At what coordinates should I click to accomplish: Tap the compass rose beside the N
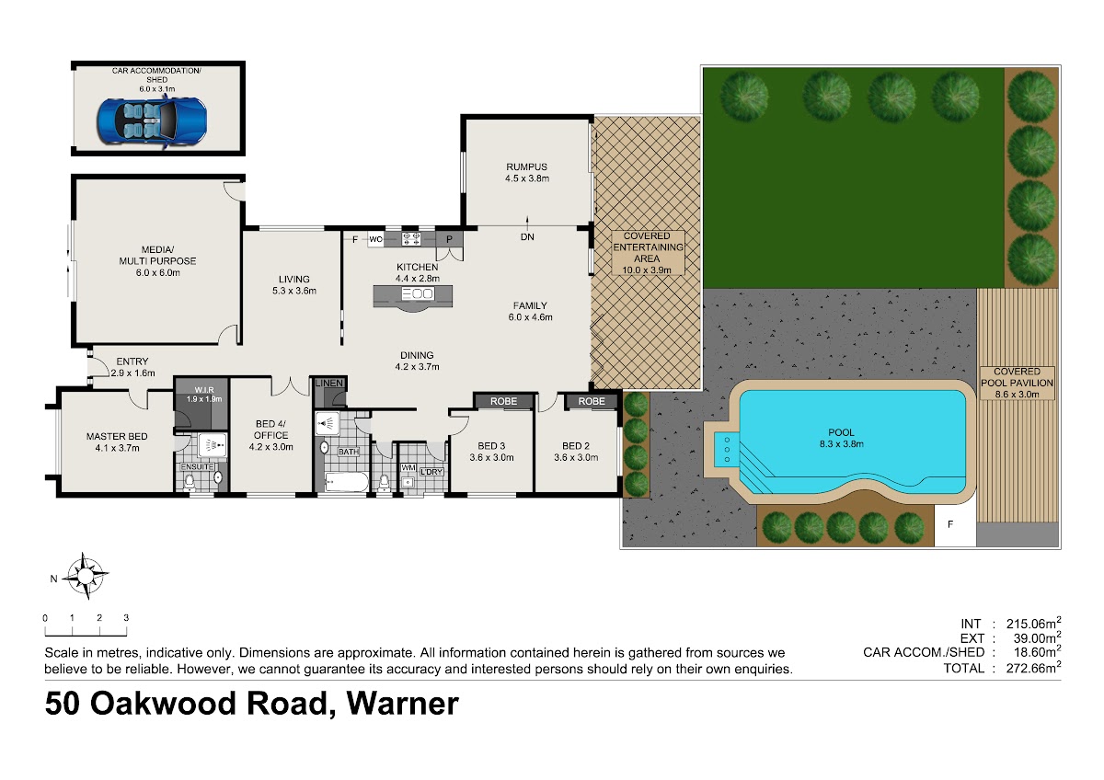pyautogui.click(x=86, y=575)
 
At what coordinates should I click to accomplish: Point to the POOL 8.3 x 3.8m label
pyautogui.click(x=841, y=438)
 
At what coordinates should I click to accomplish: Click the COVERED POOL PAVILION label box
pyautogui.click(x=1017, y=383)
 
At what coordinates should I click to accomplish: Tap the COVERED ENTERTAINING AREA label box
pyautogui.click(x=647, y=253)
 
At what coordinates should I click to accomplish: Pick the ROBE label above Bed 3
pyautogui.click(x=504, y=402)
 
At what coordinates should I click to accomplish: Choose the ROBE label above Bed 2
pyautogui.click(x=592, y=402)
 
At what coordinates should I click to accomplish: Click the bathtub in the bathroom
pyautogui.click(x=347, y=482)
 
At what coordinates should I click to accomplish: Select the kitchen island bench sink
pyautogui.click(x=418, y=294)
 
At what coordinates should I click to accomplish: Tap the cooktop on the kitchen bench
pyautogui.click(x=411, y=239)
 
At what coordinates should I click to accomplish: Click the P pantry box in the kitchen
pyautogui.click(x=449, y=239)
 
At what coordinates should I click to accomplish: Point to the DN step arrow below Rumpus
pyautogui.click(x=527, y=224)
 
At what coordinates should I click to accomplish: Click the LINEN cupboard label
pyautogui.click(x=329, y=384)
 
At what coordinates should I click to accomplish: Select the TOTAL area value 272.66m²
pyautogui.click(x=1033, y=668)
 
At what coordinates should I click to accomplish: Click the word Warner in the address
pyautogui.click(x=403, y=703)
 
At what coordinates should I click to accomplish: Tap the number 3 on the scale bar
pyautogui.click(x=126, y=618)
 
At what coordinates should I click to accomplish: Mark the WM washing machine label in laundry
pyautogui.click(x=408, y=467)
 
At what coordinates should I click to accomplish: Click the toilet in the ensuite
pyautogui.click(x=190, y=483)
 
